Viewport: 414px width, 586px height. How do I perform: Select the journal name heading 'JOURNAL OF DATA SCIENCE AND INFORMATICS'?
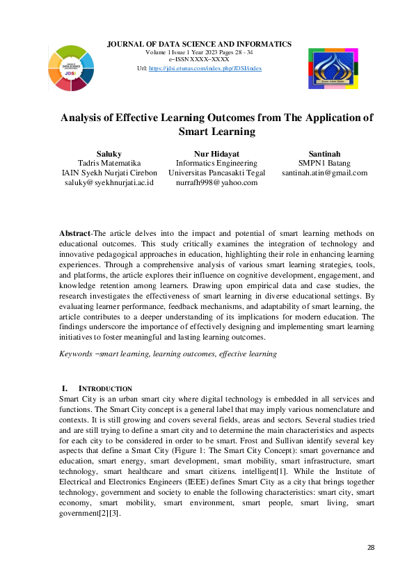(x=199, y=45)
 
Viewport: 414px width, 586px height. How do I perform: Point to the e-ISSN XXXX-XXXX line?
(x=199, y=60)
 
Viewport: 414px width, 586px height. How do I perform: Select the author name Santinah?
(x=324, y=153)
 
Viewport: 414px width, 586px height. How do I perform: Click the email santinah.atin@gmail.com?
(x=324, y=173)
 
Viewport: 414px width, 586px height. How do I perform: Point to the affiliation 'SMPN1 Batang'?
(x=324, y=163)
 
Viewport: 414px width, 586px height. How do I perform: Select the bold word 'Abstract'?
(x=75, y=233)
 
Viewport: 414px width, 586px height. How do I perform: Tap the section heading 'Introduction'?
(x=104, y=388)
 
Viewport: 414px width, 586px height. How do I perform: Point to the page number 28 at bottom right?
(x=371, y=548)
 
